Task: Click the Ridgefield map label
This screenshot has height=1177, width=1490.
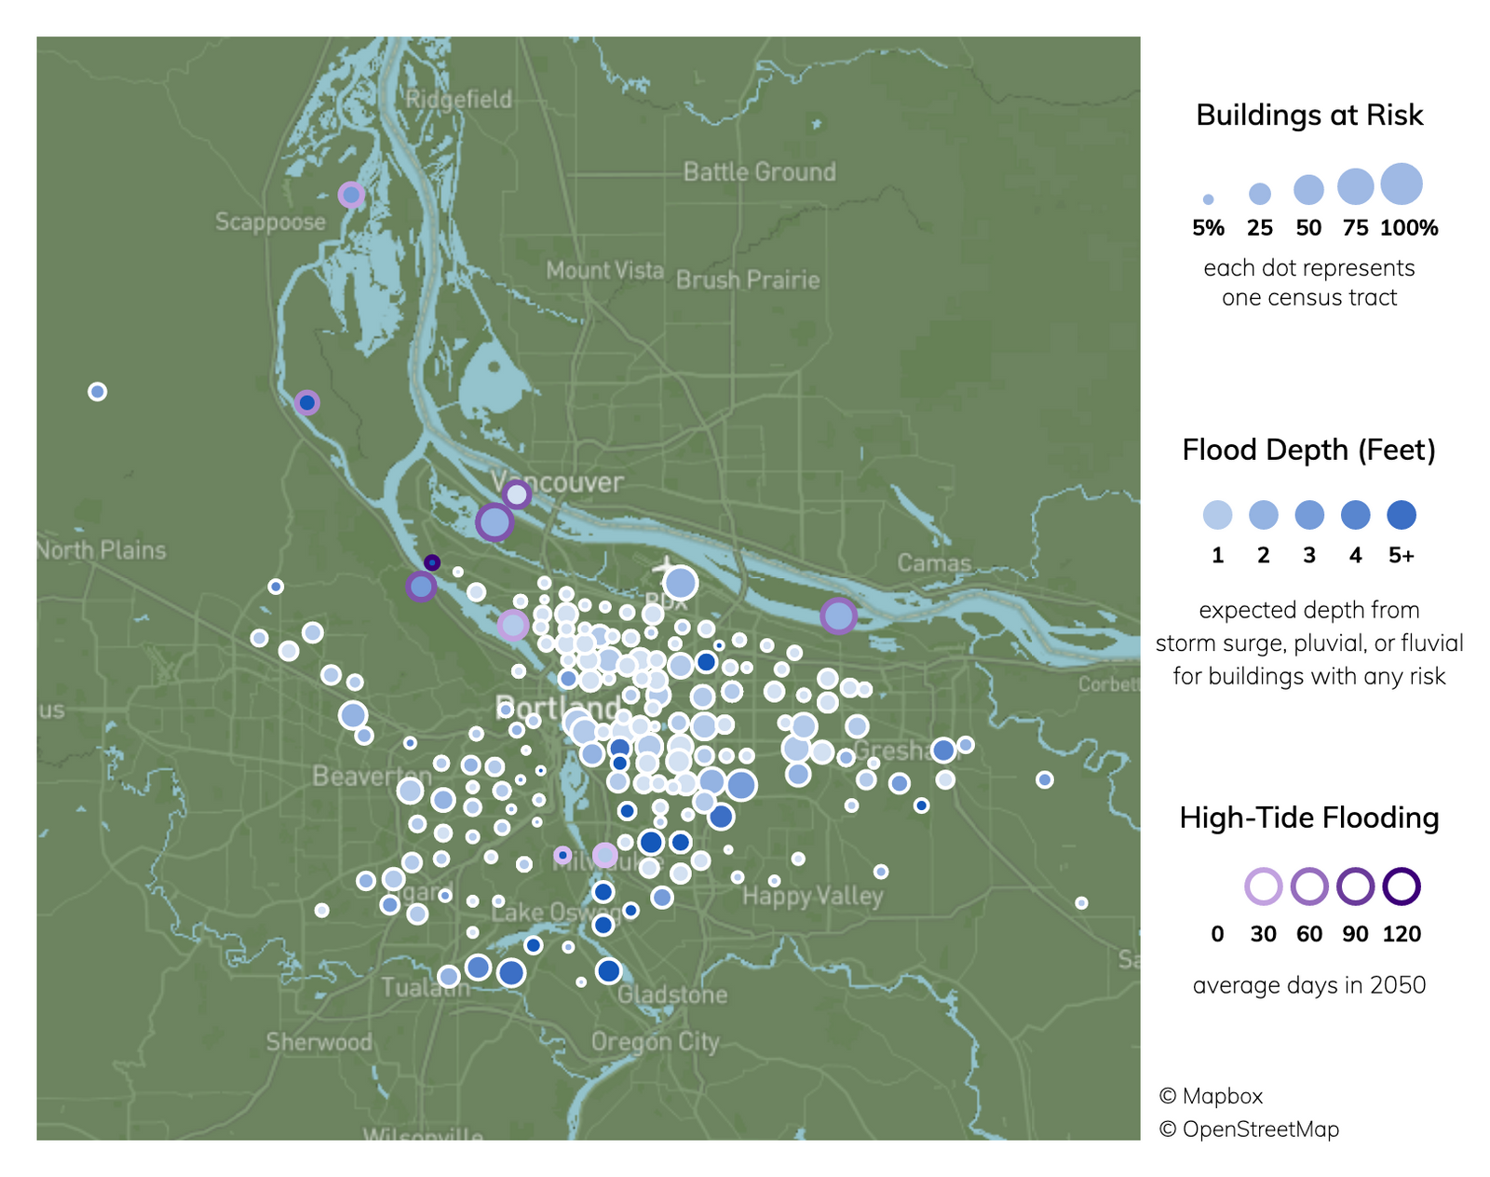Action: (459, 99)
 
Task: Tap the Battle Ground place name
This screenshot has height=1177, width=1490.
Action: (759, 171)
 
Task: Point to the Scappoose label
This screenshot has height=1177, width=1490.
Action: (270, 222)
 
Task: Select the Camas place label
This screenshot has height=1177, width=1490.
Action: (933, 562)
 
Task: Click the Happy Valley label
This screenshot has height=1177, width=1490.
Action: (812, 896)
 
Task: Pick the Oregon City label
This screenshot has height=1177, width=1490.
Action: (655, 1041)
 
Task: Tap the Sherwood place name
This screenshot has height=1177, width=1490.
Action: (318, 1041)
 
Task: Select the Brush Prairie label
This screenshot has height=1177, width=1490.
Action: (748, 279)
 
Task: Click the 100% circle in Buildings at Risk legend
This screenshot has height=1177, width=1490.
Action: (1402, 183)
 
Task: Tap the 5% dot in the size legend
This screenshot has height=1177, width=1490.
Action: (1208, 199)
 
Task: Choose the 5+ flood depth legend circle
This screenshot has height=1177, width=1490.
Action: (1402, 515)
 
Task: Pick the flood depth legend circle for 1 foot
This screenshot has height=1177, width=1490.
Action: (1217, 515)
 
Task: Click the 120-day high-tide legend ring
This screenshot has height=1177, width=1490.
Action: (1402, 886)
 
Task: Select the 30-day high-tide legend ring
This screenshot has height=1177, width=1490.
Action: (1263, 886)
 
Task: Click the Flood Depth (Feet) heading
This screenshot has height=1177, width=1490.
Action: (1308, 450)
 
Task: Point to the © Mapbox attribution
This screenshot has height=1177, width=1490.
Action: (1211, 1096)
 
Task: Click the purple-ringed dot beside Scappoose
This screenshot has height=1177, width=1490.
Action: (351, 195)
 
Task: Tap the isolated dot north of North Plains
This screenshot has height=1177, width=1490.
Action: (97, 392)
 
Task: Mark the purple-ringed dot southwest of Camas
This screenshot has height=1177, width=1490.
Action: (838, 616)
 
